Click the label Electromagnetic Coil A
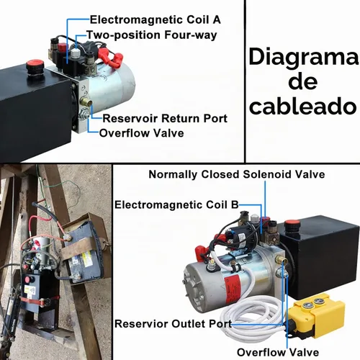pos(156,19)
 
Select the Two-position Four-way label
pos(152,35)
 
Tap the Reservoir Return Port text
pos(165,118)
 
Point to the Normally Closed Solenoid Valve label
pos(237,174)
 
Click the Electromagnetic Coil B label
pos(176,204)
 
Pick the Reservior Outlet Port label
pos(174,324)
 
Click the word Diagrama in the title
pos(304,58)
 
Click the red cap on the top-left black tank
pos(35,64)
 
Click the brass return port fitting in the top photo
pos(86,102)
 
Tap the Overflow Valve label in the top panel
pos(142,133)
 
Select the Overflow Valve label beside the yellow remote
pos(278,352)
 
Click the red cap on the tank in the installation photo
pos(27,279)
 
